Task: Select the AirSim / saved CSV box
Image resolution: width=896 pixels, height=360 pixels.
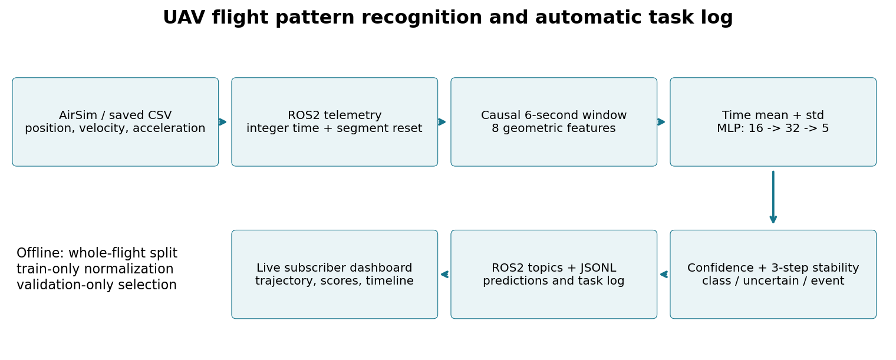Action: (x=115, y=122)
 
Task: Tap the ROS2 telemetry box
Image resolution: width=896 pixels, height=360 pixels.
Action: (x=334, y=122)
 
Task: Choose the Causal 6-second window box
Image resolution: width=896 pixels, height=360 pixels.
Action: (x=554, y=122)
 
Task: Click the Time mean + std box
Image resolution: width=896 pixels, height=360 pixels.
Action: (x=773, y=122)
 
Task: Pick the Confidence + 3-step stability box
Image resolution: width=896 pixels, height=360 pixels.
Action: (x=773, y=275)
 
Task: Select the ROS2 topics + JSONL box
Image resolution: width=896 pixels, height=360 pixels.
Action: (x=554, y=275)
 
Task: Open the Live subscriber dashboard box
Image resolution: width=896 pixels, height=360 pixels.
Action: (x=334, y=275)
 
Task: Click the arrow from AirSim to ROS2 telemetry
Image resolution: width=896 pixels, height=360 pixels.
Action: (x=223, y=122)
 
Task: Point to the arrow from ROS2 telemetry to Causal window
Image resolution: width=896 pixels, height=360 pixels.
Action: (x=442, y=122)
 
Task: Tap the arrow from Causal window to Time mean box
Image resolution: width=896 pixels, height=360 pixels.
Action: (x=661, y=122)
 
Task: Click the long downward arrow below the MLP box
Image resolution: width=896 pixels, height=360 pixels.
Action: (x=773, y=197)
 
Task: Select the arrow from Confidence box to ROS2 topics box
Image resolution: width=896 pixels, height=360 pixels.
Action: (x=664, y=275)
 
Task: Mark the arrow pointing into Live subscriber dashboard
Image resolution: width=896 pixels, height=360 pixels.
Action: (x=444, y=275)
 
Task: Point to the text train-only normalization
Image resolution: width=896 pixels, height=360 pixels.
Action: (x=95, y=269)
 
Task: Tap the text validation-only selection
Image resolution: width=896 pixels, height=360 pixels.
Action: (x=97, y=285)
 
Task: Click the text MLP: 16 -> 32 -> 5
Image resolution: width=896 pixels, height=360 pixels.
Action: (x=773, y=128)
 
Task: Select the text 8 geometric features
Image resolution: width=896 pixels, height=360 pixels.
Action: (x=554, y=128)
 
